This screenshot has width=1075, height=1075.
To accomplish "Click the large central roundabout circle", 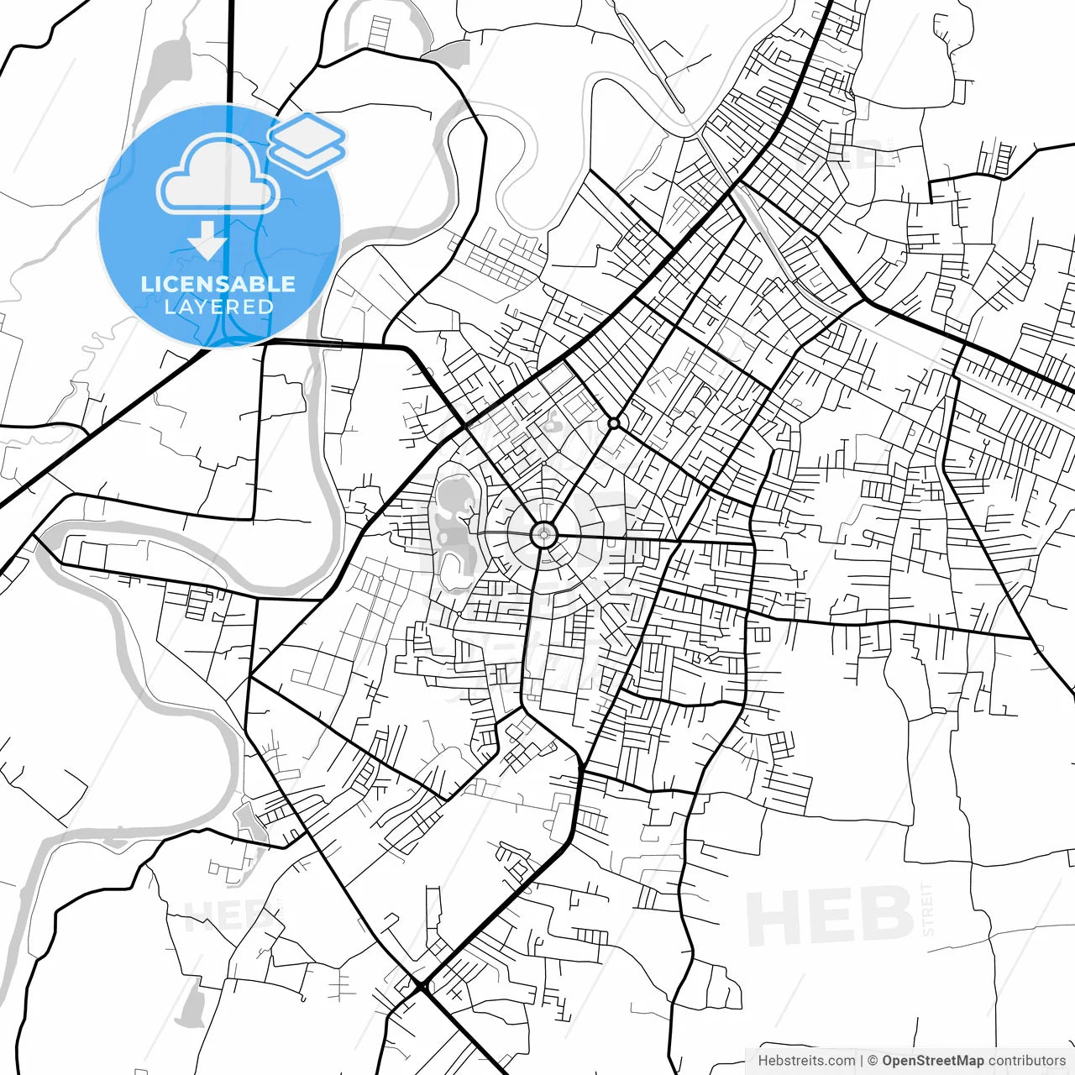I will [x=544, y=534].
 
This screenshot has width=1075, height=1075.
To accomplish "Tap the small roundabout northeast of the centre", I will [x=614, y=423].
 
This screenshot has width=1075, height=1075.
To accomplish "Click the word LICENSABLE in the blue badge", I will [x=218, y=284].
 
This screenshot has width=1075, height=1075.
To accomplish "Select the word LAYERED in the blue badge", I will [x=218, y=307].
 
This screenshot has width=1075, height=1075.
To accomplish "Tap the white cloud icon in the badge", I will [x=218, y=176].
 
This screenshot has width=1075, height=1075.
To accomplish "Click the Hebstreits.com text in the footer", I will [x=806, y=1061].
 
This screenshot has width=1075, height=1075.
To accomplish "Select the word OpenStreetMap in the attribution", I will [x=932, y=1061].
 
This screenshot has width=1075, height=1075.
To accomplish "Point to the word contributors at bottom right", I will [x=1026, y=1061].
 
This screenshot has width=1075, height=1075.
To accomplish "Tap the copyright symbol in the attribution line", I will [x=873, y=1061].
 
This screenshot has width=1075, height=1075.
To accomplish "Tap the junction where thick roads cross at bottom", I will [x=422, y=985].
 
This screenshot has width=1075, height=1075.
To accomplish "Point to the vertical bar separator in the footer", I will [x=862, y=1061].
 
